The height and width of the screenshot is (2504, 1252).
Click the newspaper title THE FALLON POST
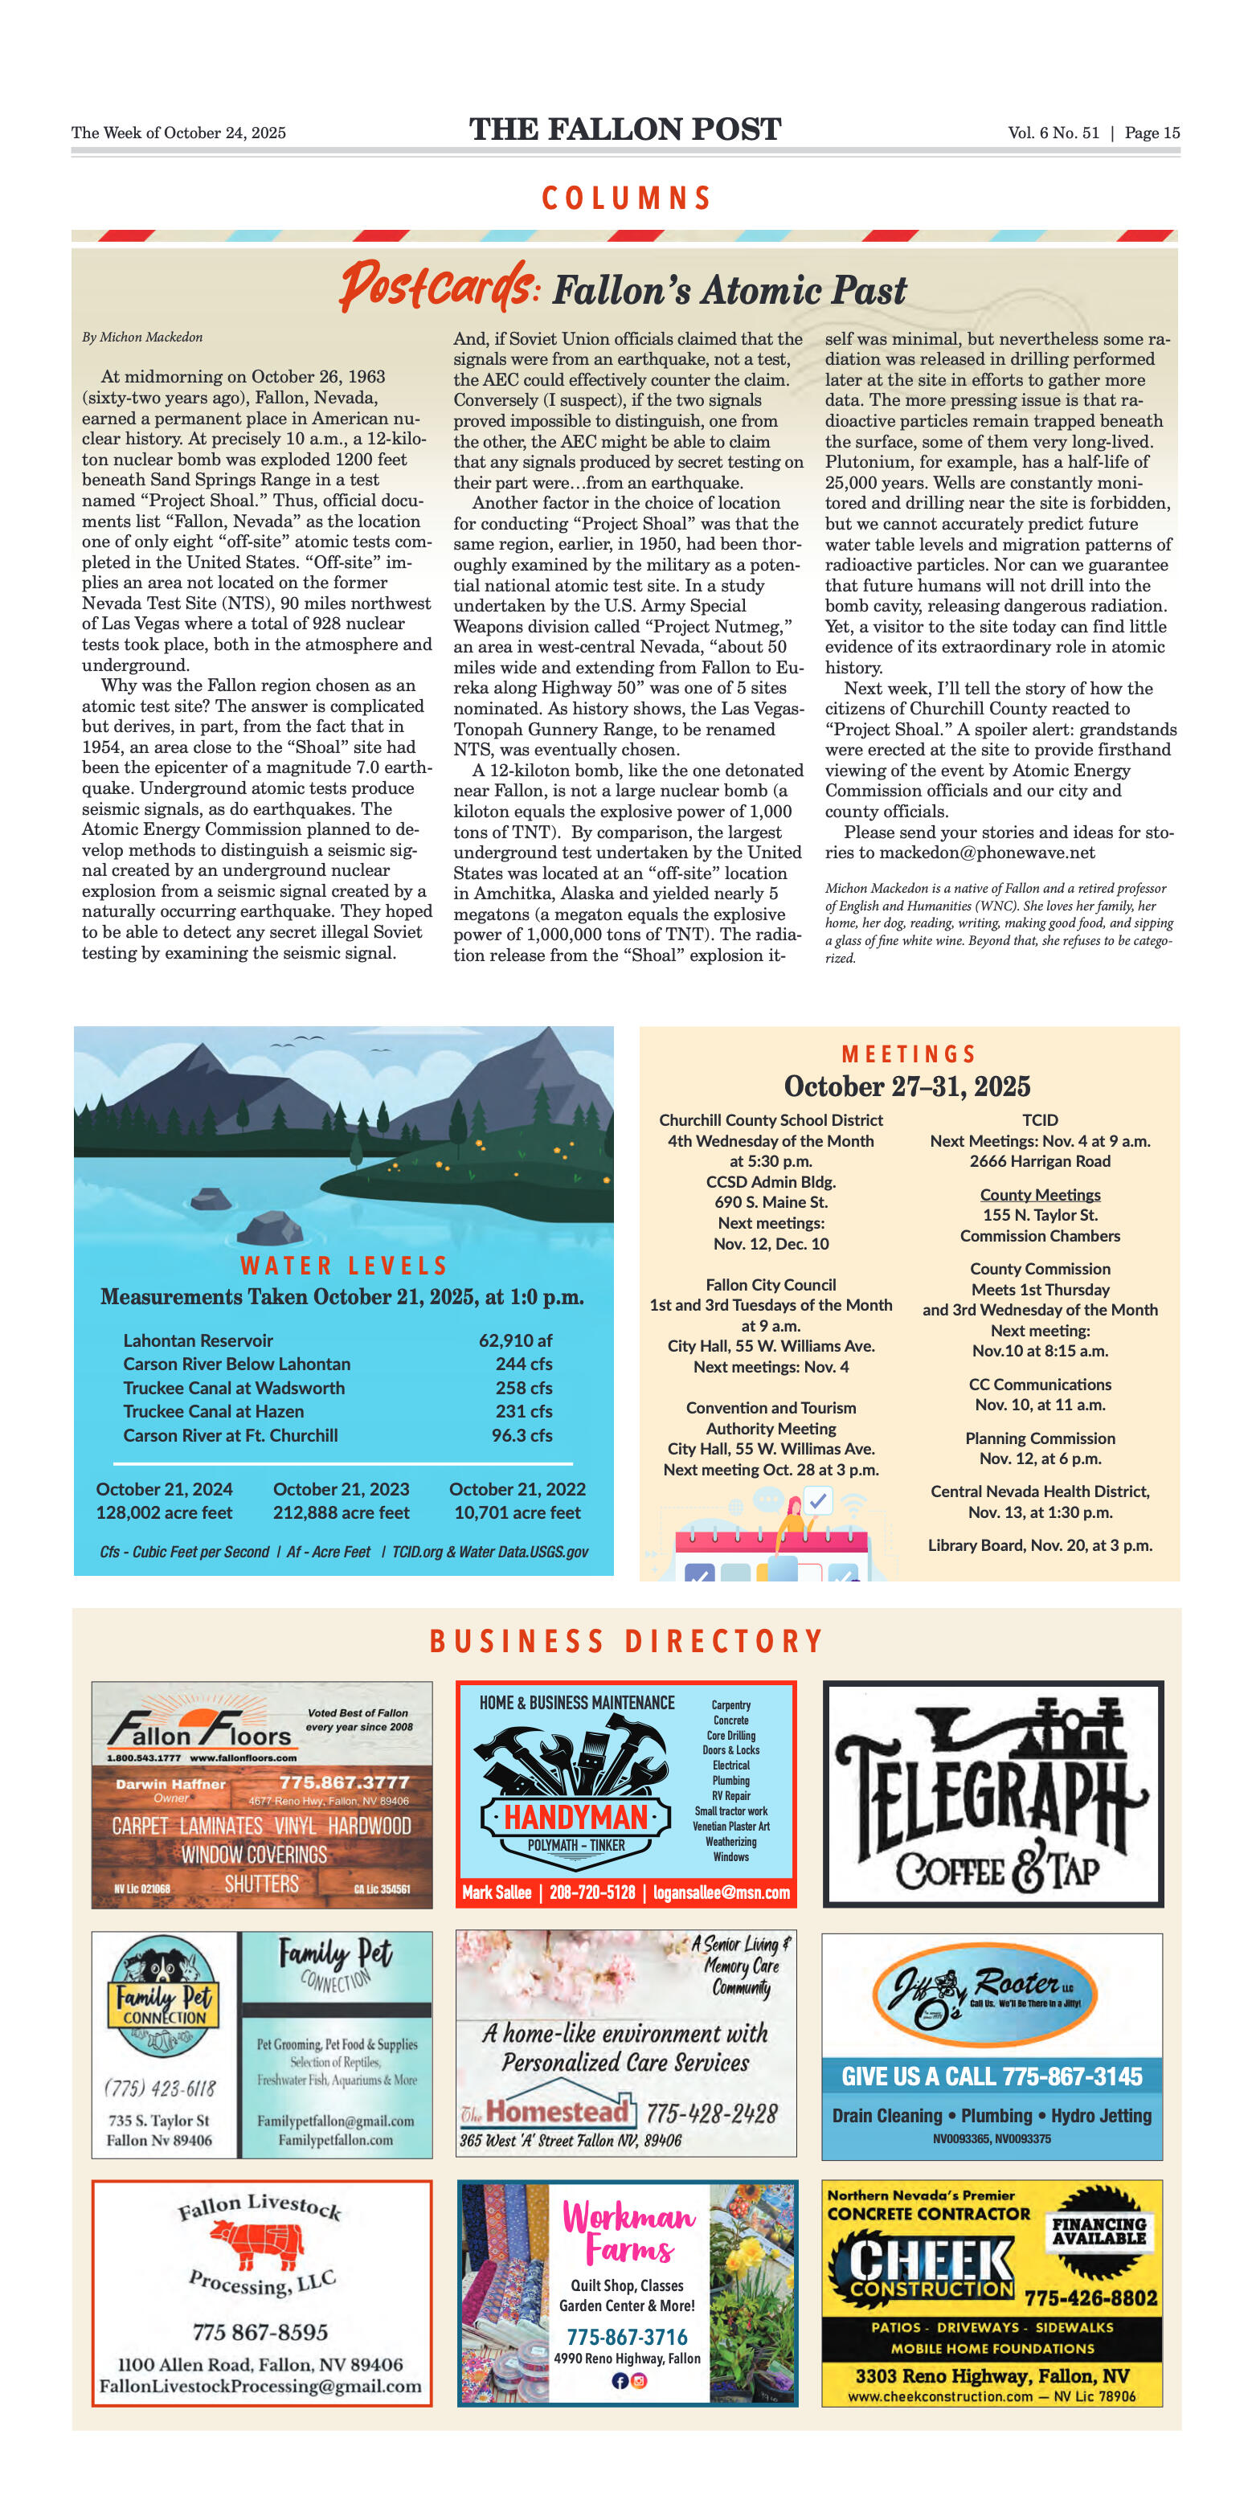pyautogui.click(x=625, y=129)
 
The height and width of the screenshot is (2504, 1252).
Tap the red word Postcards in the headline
pyautogui.click(x=437, y=286)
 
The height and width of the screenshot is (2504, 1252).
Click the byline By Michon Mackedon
pyautogui.click(x=142, y=338)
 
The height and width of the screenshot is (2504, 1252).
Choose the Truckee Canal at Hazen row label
pyautogui.click(x=213, y=1410)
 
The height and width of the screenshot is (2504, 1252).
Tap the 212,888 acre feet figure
pyautogui.click(x=342, y=1512)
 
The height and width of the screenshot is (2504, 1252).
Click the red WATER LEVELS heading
pyautogui.click(x=343, y=1265)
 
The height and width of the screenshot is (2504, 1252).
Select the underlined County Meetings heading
pyautogui.click(x=1040, y=1195)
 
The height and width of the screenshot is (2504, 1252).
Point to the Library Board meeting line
pyautogui.click(x=1040, y=1545)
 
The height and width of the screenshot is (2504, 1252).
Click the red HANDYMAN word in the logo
pyautogui.click(x=576, y=1817)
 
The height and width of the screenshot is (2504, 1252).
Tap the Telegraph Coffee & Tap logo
pyautogui.click(x=992, y=1794)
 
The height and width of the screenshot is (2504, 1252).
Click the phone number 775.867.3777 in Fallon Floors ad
pyautogui.click(x=344, y=1782)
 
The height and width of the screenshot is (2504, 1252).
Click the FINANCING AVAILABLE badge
pyautogui.click(x=1099, y=2230)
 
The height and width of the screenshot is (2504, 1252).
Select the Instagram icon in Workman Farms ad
pyautogui.click(x=639, y=2380)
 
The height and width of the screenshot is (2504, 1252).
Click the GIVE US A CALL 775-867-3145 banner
pyautogui.click(x=992, y=2076)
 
